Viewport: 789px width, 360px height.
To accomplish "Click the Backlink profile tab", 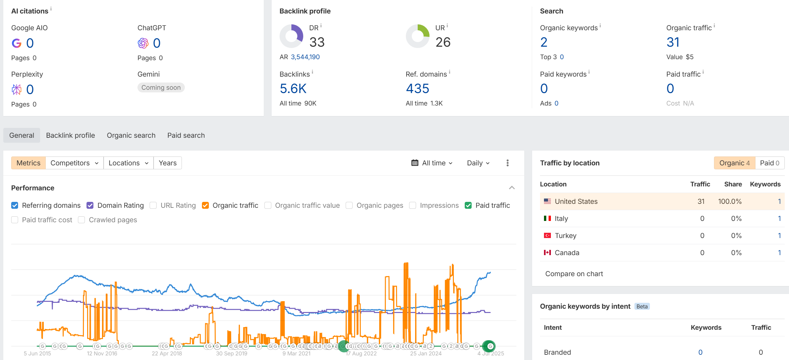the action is (x=70, y=135).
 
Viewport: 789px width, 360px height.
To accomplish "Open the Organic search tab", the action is (x=131, y=135).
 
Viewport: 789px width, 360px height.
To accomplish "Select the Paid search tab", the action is (x=186, y=135).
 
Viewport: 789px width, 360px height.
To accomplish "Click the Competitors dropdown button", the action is (x=74, y=163).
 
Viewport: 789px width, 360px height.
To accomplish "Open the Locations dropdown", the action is (x=128, y=163).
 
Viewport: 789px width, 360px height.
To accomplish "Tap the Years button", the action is (x=168, y=163).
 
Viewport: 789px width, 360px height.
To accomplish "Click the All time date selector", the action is (x=432, y=163).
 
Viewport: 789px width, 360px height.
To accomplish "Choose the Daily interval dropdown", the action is (x=478, y=163).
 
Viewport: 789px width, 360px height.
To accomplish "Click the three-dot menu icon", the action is (x=507, y=163).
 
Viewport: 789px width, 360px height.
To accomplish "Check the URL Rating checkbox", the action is (x=153, y=205).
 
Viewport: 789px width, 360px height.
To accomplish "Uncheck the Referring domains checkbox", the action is (x=15, y=205).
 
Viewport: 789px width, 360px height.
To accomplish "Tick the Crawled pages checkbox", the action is (x=82, y=220).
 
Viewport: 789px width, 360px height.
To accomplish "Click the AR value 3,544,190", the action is (x=305, y=57).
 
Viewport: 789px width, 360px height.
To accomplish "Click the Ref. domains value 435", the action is (x=417, y=88).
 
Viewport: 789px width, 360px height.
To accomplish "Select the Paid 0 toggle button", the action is (x=770, y=163).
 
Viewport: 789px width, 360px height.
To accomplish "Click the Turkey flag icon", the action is (x=547, y=236).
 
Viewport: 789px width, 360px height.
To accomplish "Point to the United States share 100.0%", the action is (x=730, y=202).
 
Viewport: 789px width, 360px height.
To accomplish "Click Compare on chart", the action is (x=574, y=274).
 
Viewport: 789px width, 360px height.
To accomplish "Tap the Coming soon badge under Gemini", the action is (x=161, y=87).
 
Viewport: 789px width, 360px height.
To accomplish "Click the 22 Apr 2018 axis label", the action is (x=167, y=353).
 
